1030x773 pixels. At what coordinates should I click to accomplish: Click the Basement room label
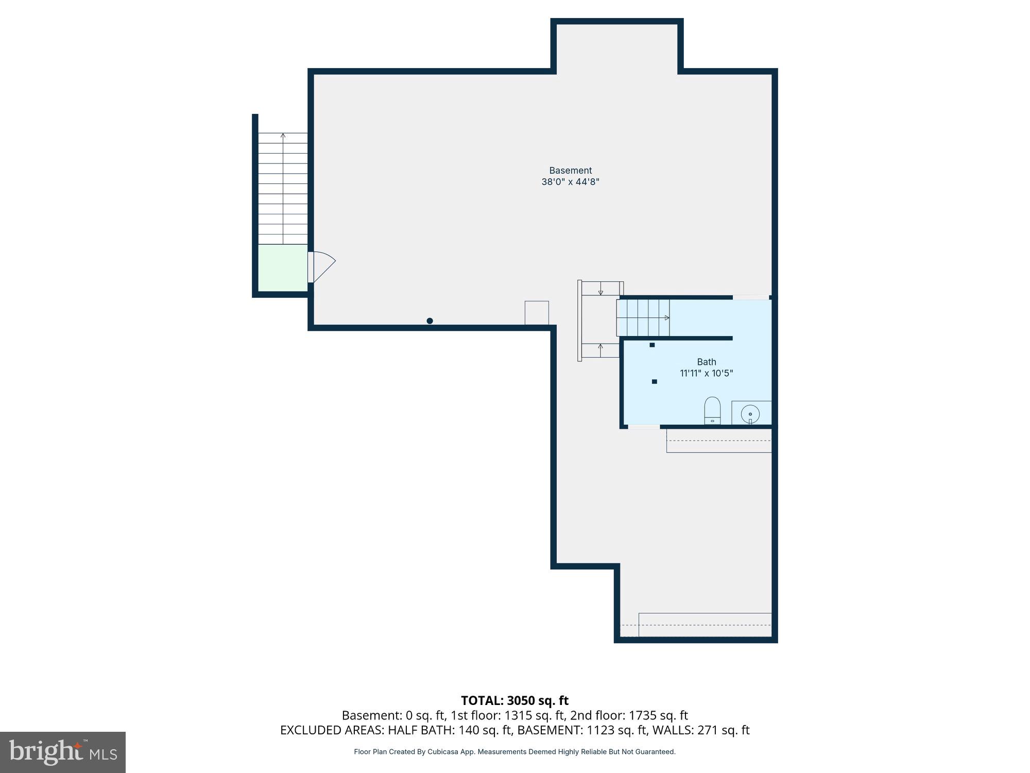click(x=570, y=171)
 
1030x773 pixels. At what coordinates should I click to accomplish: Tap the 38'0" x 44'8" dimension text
click(x=570, y=182)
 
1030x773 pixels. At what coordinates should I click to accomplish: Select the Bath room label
click(x=706, y=362)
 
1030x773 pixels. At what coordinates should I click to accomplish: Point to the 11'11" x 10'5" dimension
click(x=706, y=373)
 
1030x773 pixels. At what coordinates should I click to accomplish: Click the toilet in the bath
click(x=712, y=410)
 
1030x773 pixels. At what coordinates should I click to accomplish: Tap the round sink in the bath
click(x=750, y=414)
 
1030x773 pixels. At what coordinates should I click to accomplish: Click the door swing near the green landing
click(x=323, y=266)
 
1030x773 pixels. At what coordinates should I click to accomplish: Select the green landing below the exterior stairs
click(x=282, y=268)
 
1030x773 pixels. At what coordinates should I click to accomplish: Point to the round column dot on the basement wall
click(x=430, y=321)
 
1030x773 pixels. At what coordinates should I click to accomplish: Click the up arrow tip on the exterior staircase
click(x=283, y=135)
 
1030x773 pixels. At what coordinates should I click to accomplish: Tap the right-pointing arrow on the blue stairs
click(x=667, y=318)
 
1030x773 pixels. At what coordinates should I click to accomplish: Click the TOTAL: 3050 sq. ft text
click(x=514, y=701)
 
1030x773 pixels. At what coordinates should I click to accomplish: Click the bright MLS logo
click(x=63, y=752)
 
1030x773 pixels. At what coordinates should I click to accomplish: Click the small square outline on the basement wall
click(x=537, y=313)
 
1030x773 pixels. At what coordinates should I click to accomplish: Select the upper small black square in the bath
click(x=652, y=345)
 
